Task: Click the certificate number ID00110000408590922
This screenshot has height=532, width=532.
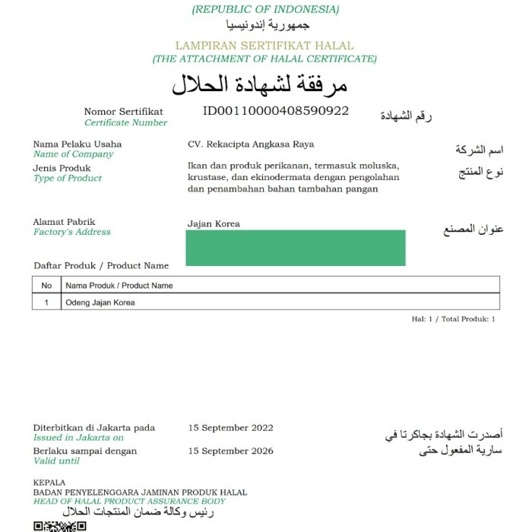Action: [x=275, y=111]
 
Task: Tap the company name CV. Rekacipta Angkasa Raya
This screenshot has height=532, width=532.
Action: [x=251, y=144]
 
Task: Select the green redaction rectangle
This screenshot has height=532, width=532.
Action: [x=295, y=248]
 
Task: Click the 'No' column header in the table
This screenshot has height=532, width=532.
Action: [x=46, y=286]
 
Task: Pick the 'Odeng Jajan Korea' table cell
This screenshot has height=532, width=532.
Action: [x=100, y=302]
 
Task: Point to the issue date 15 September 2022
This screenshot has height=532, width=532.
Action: [x=230, y=428]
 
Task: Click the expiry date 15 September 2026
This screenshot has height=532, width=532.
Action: [x=230, y=451]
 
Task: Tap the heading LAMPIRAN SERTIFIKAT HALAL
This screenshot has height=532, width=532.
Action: [x=264, y=46]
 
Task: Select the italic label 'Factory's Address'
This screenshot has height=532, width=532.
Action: [x=71, y=233]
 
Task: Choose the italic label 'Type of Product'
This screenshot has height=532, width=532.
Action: [x=67, y=179]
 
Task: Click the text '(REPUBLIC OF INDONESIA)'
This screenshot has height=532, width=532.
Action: [x=265, y=10]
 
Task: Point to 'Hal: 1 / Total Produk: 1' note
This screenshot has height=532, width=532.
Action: [x=453, y=319]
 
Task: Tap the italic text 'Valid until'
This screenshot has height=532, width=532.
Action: [x=56, y=461]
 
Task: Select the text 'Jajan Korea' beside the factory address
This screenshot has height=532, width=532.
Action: [x=214, y=224]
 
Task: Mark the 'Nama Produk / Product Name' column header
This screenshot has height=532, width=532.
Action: [x=119, y=286]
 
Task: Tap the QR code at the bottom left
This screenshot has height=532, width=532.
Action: [x=60, y=526]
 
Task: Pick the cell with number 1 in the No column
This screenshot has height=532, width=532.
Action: [x=46, y=302]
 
